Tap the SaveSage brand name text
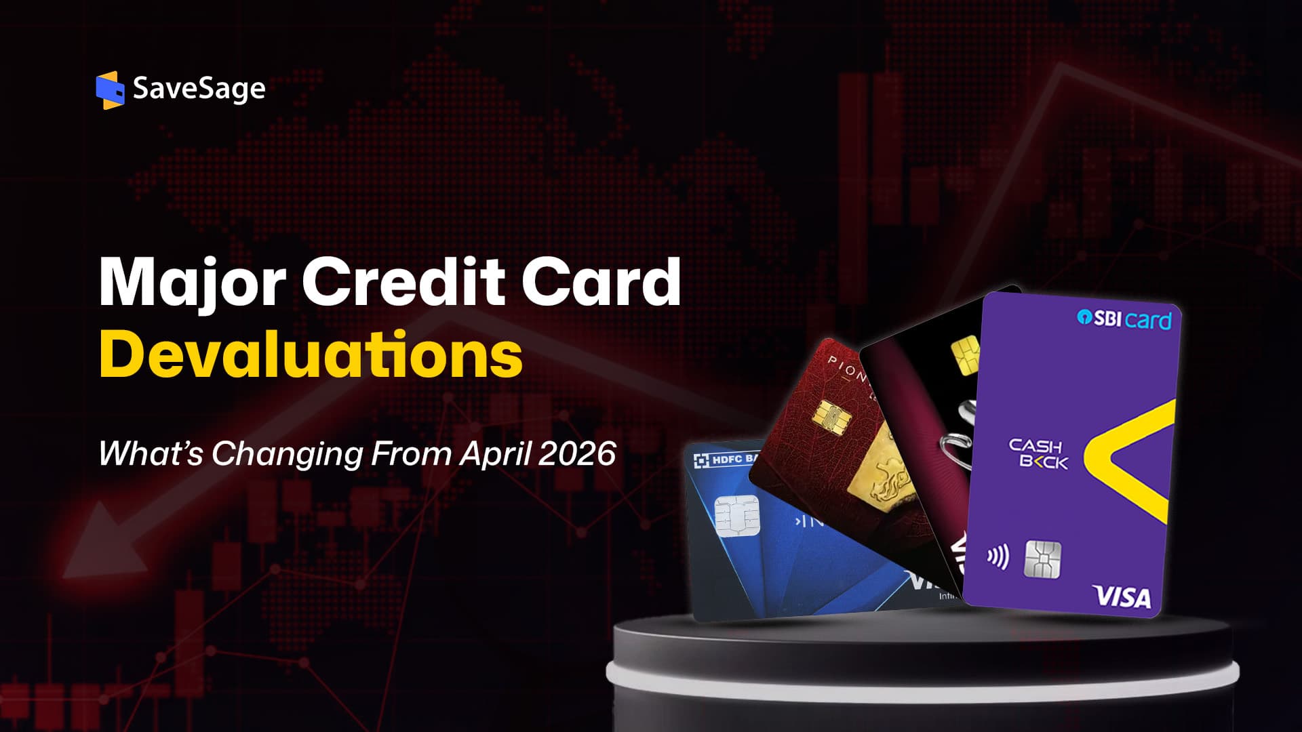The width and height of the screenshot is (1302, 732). point(199,89)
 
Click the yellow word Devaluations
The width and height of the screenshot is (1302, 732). point(311,354)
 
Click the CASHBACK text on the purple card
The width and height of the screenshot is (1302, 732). point(1037,454)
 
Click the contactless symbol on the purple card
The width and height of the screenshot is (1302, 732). point(997,557)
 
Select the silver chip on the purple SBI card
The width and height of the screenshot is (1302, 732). point(1042,559)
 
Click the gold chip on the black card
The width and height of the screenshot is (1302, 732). point(965,354)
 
